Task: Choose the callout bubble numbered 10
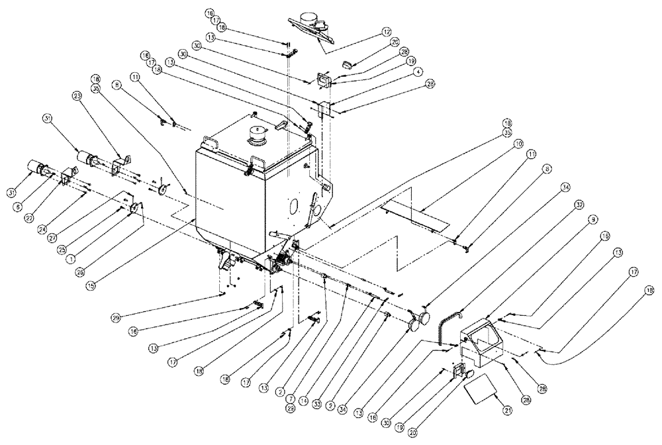tap(518, 143)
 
